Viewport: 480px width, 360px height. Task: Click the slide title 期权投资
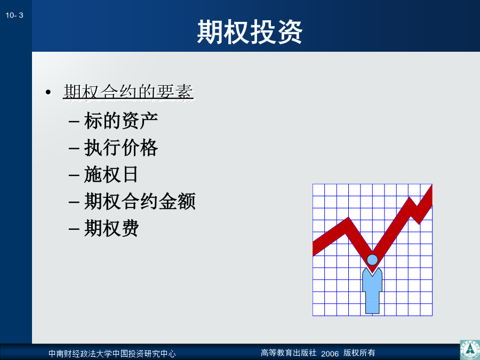click(250, 32)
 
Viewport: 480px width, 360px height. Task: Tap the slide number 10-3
click(14, 15)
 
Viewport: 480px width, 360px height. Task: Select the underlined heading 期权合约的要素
click(128, 92)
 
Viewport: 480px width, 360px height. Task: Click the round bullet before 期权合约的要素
click(48, 92)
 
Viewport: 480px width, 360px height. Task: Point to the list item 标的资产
click(121, 121)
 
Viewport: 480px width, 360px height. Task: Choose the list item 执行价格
click(121, 147)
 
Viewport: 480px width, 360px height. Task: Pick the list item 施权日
click(111, 174)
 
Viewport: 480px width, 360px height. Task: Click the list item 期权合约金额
click(140, 201)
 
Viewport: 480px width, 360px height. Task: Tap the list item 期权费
click(111, 228)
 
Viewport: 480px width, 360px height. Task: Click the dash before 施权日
click(74, 175)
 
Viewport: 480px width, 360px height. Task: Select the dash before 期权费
click(74, 229)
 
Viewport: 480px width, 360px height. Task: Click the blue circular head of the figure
click(372, 260)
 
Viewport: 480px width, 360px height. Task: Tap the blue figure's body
click(372, 291)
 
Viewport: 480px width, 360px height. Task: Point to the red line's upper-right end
click(431, 194)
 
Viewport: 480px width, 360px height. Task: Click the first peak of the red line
click(348, 218)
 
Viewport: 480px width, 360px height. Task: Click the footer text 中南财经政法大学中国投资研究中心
click(112, 354)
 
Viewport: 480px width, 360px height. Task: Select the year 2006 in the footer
click(330, 354)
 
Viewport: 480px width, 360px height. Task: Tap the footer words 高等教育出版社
click(289, 353)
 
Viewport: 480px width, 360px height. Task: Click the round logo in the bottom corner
click(470, 350)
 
